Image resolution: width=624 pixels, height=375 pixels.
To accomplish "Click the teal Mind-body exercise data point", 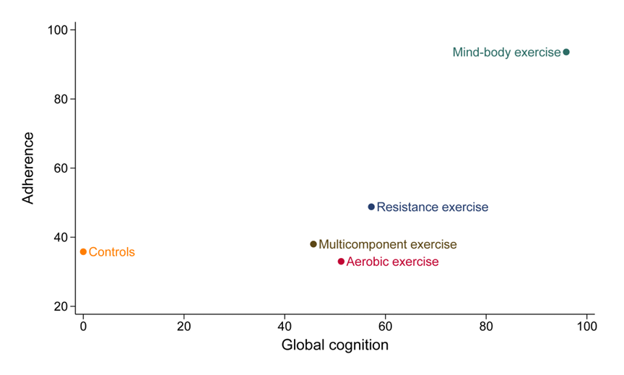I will point(566,52).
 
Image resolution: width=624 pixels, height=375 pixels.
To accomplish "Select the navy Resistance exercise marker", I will point(371,207).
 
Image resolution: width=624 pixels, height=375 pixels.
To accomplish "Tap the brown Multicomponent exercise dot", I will point(313,244).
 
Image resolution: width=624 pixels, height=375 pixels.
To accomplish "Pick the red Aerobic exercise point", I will point(341,262).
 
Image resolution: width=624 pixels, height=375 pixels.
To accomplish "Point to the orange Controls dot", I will point(83,251).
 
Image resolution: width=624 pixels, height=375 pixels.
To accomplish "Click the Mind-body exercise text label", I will point(506,52).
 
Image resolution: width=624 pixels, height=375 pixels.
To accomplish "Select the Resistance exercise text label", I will point(433,207).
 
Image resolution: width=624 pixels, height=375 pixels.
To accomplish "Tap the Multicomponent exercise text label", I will point(388,245).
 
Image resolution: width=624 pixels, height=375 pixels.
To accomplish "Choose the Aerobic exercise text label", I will point(392,262).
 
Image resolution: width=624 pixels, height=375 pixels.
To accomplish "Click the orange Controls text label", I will point(112,252).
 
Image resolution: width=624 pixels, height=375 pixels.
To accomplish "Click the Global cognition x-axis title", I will point(334,345).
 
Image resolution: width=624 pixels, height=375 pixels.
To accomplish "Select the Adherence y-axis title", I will point(28,168).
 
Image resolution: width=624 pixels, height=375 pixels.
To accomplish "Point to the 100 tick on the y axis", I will point(58,30).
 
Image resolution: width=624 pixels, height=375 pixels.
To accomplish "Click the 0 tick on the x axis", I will point(83,327).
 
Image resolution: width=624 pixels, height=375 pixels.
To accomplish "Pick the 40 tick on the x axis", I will point(285,327).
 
